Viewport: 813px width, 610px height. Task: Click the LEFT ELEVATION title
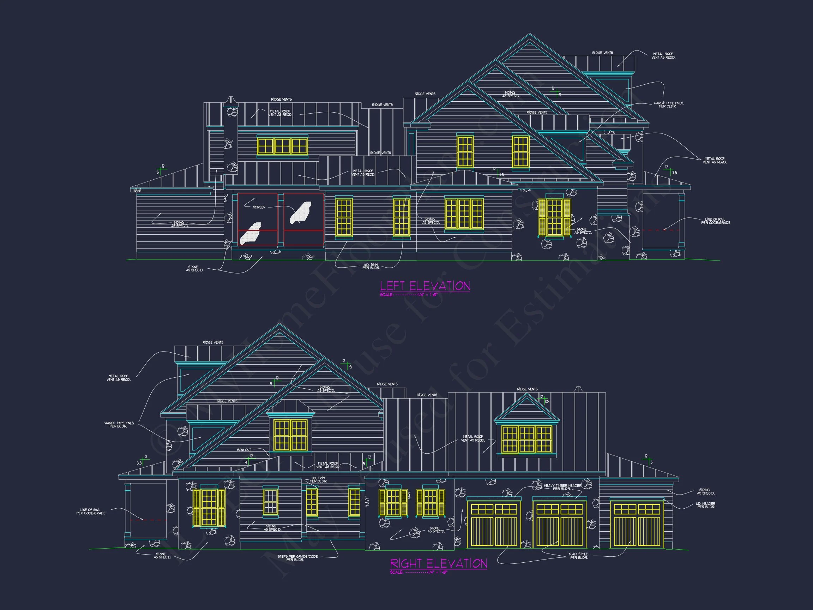(424, 286)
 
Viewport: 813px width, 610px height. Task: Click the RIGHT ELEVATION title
(438, 563)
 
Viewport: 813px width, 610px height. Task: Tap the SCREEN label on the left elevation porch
(259, 207)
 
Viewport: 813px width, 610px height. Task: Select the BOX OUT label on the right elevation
(244, 450)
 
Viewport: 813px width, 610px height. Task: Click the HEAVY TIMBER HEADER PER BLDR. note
(562, 487)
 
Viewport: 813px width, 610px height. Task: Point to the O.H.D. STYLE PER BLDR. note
(578, 556)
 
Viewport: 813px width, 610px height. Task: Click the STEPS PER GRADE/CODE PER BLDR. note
(297, 558)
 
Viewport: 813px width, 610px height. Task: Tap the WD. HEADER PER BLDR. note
(705, 505)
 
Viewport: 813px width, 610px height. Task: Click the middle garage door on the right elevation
(559, 524)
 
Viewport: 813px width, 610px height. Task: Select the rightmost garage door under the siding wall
(637, 525)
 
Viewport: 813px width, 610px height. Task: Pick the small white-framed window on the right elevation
(271, 501)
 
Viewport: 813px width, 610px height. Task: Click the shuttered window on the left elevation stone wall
(554, 217)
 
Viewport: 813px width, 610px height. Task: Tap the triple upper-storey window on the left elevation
(282, 146)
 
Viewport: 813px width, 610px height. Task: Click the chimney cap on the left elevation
(230, 100)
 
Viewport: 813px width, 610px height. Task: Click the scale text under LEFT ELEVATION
(409, 294)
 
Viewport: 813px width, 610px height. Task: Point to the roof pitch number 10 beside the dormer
(547, 401)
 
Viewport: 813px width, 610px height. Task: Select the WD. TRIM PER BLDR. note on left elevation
(371, 266)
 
